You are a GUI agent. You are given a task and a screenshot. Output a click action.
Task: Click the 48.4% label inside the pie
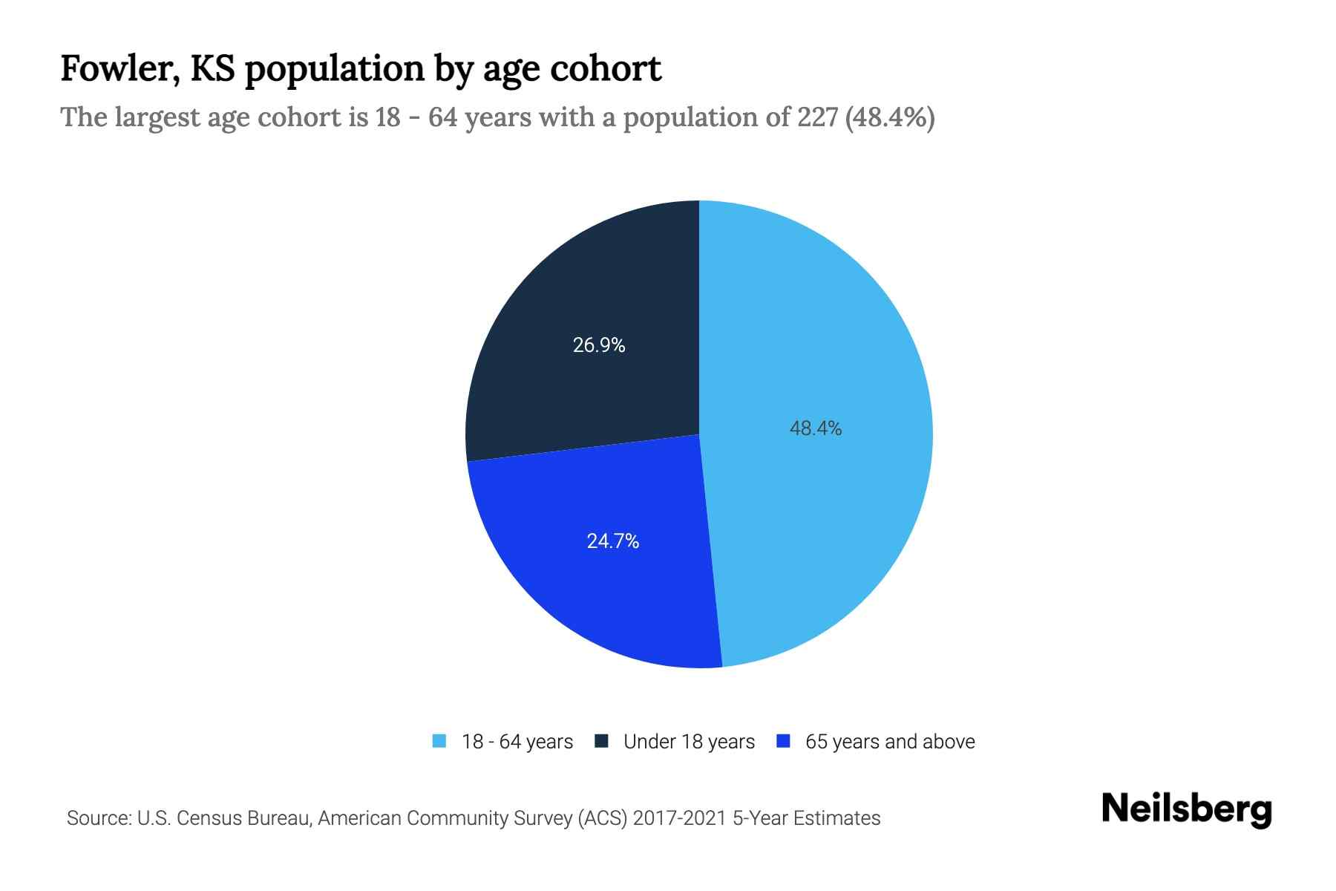[x=815, y=428]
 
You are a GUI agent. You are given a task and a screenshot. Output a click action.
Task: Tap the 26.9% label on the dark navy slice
[x=598, y=345]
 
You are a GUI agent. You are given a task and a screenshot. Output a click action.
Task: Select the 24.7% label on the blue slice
[x=612, y=541]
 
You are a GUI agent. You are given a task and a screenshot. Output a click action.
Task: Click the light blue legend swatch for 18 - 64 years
[x=439, y=741]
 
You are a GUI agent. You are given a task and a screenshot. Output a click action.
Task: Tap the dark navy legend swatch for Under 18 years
[x=601, y=741]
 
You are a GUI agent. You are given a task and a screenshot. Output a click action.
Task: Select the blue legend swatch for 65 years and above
[x=782, y=741]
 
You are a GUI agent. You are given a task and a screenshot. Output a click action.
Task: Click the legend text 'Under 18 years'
[x=689, y=742]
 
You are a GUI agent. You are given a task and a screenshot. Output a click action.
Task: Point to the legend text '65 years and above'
[x=889, y=742]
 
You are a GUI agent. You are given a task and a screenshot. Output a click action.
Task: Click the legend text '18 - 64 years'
[x=517, y=742]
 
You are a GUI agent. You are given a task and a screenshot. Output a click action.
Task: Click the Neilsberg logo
[x=1186, y=809]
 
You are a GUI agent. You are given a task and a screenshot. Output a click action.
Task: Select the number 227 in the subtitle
[x=818, y=117]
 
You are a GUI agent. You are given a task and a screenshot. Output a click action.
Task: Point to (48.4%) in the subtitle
[x=889, y=117]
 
